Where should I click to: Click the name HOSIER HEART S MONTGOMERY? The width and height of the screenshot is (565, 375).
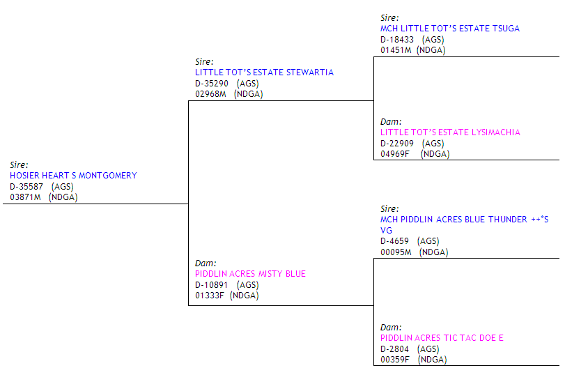(73, 176)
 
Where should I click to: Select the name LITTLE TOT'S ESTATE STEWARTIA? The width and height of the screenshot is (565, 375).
(264, 72)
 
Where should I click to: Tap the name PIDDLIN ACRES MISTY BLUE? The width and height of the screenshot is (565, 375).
(250, 274)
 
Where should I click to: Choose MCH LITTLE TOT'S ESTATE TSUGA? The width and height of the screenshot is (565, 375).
(449, 29)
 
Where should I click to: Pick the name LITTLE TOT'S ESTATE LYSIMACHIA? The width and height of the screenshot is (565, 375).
(450, 132)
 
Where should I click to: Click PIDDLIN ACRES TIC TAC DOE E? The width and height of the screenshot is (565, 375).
(442, 338)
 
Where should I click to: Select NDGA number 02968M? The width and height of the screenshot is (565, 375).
(210, 94)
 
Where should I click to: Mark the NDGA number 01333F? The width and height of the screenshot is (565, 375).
(210, 296)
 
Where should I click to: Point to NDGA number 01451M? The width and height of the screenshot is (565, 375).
(396, 50)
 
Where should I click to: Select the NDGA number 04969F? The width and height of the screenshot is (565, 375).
(395, 154)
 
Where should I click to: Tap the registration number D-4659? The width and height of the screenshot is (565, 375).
(394, 241)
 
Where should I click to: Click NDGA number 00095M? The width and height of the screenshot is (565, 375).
(396, 252)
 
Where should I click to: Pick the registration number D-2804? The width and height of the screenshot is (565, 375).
(394, 349)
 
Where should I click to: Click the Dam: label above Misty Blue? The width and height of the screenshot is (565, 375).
(205, 263)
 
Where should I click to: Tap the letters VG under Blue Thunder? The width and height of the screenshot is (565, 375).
(386, 230)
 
